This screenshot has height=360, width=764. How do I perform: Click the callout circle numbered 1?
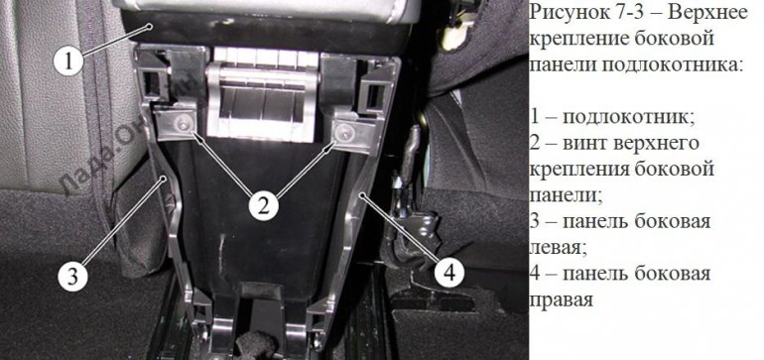(x=66, y=61)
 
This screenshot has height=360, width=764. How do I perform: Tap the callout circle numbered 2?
(x=262, y=206)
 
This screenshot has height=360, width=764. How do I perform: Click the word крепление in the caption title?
(x=573, y=42)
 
